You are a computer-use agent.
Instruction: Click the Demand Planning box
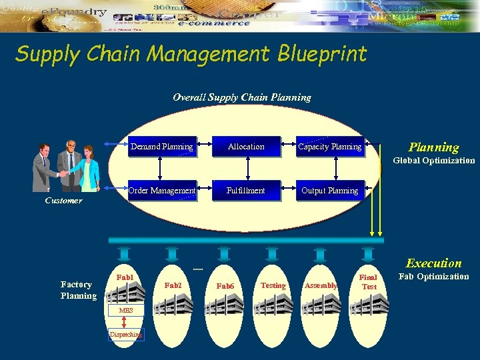click(x=162, y=147)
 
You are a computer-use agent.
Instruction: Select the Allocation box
click(x=246, y=147)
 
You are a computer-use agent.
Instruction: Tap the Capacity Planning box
click(x=330, y=147)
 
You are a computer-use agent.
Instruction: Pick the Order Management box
click(x=162, y=191)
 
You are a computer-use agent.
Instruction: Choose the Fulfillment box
click(x=246, y=191)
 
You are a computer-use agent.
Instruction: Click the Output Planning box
click(x=330, y=191)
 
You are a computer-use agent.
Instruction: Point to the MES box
click(x=127, y=311)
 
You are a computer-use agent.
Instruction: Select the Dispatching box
click(x=125, y=335)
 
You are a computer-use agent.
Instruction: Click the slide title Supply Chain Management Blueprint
click(x=191, y=54)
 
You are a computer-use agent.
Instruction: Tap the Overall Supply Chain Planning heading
click(x=241, y=97)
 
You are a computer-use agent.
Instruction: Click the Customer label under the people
click(x=63, y=201)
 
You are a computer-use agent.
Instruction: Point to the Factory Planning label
click(x=78, y=290)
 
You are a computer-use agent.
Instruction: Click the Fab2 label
click(x=173, y=285)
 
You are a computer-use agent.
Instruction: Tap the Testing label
click(x=273, y=285)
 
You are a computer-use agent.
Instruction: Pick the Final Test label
click(x=369, y=282)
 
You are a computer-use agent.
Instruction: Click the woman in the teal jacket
click(x=89, y=170)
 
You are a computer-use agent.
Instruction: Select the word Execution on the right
click(x=433, y=263)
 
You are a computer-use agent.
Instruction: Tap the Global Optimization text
click(x=433, y=161)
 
